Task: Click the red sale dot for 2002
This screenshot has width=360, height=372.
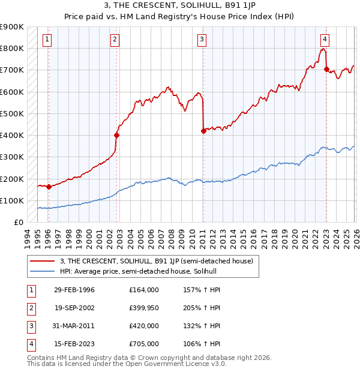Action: click(x=116, y=135)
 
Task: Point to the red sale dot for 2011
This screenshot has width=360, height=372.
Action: click(x=203, y=131)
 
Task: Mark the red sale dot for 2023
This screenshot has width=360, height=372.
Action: click(x=326, y=69)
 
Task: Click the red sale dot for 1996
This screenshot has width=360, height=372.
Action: click(x=49, y=187)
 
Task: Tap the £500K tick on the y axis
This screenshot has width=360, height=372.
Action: click(x=12, y=113)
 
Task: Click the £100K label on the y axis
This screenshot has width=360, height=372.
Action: click(x=12, y=200)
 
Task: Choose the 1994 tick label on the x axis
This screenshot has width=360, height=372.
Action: click(x=26, y=239)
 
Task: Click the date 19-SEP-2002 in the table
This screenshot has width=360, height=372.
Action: click(x=74, y=308)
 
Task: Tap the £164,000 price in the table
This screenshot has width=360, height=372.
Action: click(x=143, y=290)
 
